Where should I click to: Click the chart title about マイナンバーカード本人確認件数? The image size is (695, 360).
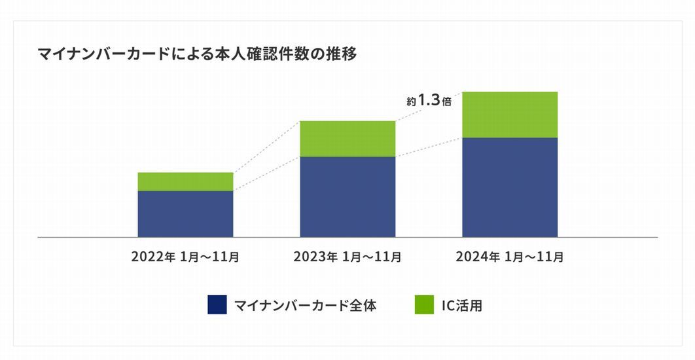[197, 55]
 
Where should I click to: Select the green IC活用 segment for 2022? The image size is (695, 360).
[185, 181]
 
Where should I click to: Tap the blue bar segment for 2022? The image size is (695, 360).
[185, 213]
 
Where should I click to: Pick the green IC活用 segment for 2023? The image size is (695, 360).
[347, 139]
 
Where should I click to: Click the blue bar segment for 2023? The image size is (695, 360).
[347, 196]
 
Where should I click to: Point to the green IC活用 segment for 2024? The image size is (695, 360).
[510, 115]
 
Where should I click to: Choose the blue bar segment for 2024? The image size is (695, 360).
[510, 187]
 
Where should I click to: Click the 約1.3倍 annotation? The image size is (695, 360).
[429, 101]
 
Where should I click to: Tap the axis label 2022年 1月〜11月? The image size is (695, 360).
[185, 257]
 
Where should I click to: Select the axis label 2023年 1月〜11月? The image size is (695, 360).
[347, 257]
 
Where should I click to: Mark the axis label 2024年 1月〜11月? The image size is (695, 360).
[510, 257]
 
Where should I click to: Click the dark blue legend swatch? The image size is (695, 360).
[217, 304]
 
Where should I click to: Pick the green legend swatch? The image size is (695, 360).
[424, 304]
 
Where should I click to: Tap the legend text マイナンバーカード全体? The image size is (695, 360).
[305, 305]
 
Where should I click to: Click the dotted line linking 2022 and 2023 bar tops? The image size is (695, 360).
[266, 147]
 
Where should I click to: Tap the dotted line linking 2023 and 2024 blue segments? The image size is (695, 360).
[429, 147]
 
